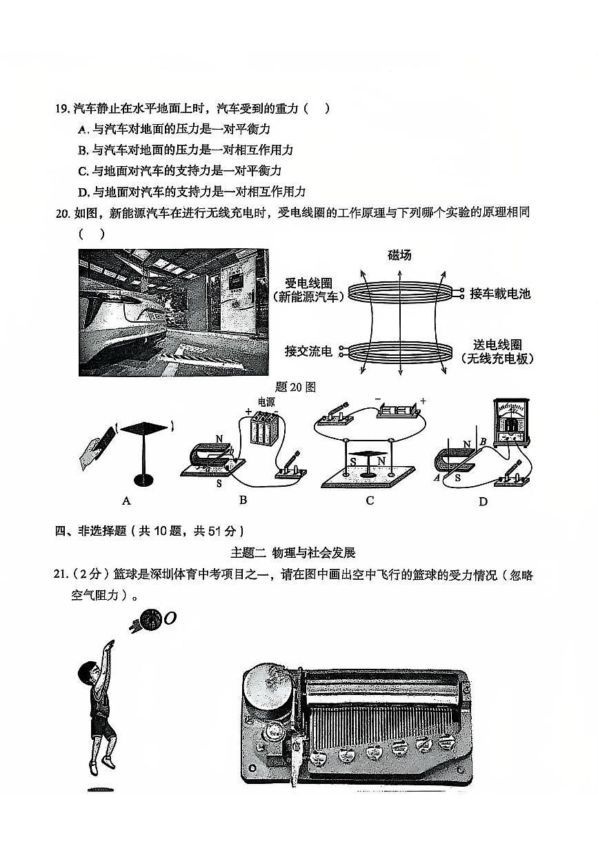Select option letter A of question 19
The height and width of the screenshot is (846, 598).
click(83, 129)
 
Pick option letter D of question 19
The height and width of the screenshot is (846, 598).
click(83, 192)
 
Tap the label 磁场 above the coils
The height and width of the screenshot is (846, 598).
click(399, 255)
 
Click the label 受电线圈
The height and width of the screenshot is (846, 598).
click(309, 283)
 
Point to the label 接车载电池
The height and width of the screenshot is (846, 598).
click(500, 294)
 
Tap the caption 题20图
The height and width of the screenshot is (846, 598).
click(295, 387)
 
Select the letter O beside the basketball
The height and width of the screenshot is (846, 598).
click(170, 618)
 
